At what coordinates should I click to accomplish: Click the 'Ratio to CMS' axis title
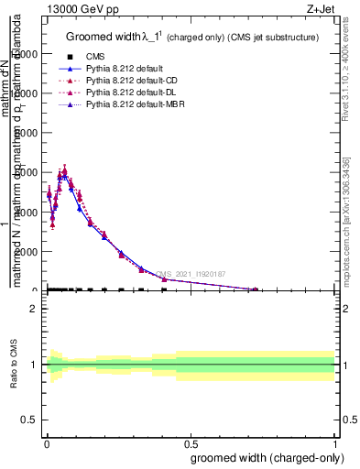pos(15,365)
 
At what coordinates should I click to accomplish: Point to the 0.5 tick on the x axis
pos(191,442)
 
